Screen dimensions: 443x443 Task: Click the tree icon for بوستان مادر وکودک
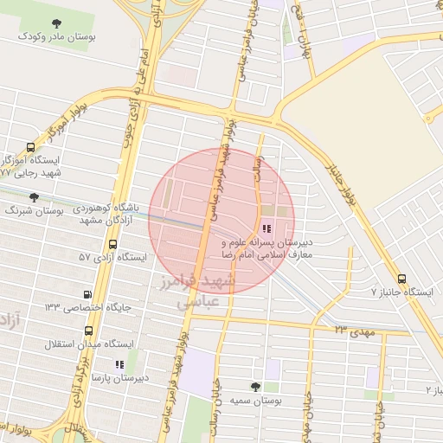click(x=57, y=23)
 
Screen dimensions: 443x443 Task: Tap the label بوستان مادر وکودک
click(x=57, y=38)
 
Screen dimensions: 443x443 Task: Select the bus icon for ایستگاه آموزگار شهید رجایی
click(x=32, y=147)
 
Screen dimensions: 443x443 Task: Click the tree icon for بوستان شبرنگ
click(x=34, y=197)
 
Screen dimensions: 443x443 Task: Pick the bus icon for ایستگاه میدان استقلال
click(x=89, y=331)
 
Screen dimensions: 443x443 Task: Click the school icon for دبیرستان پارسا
click(x=119, y=364)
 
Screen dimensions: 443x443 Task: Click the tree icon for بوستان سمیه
click(x=254, y=387)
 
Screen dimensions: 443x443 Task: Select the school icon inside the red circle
click(x=266, y=229)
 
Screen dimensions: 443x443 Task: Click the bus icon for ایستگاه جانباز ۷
click(x=401, y=279)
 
